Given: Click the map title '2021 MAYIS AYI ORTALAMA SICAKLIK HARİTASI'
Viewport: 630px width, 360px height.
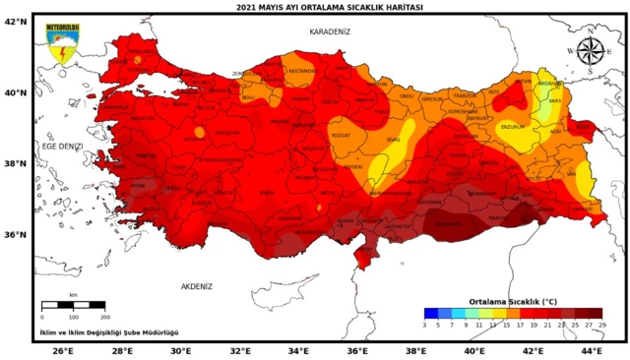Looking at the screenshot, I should pos(315,6).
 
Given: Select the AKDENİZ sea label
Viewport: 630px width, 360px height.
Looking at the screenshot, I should pos(197,286).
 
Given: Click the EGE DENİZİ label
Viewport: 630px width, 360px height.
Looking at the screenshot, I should pos(61,146).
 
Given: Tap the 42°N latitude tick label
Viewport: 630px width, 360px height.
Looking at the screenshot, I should pos(16,21).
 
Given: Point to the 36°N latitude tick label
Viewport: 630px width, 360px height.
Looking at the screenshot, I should pos(16,235).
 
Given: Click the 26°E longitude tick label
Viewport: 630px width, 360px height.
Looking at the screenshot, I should pos(64,350).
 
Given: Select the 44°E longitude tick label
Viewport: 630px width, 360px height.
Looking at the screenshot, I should pos(591,350).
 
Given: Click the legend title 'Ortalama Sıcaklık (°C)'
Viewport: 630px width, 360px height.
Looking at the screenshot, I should pos(513,301).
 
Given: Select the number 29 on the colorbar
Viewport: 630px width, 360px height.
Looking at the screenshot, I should pos(601,324).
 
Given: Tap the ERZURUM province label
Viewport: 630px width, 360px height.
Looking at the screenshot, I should pos(512,126).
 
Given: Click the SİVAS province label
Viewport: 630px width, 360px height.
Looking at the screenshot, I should pos(393,141).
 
